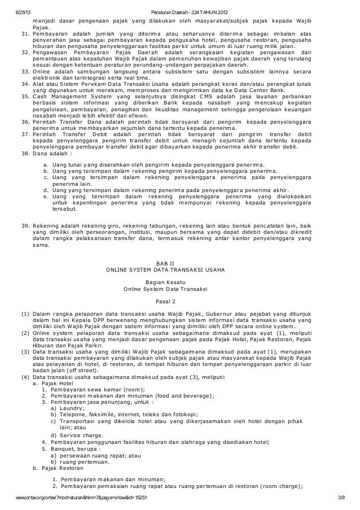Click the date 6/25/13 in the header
click(x=23, y=12)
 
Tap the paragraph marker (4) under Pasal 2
click(x=25, y=377)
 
